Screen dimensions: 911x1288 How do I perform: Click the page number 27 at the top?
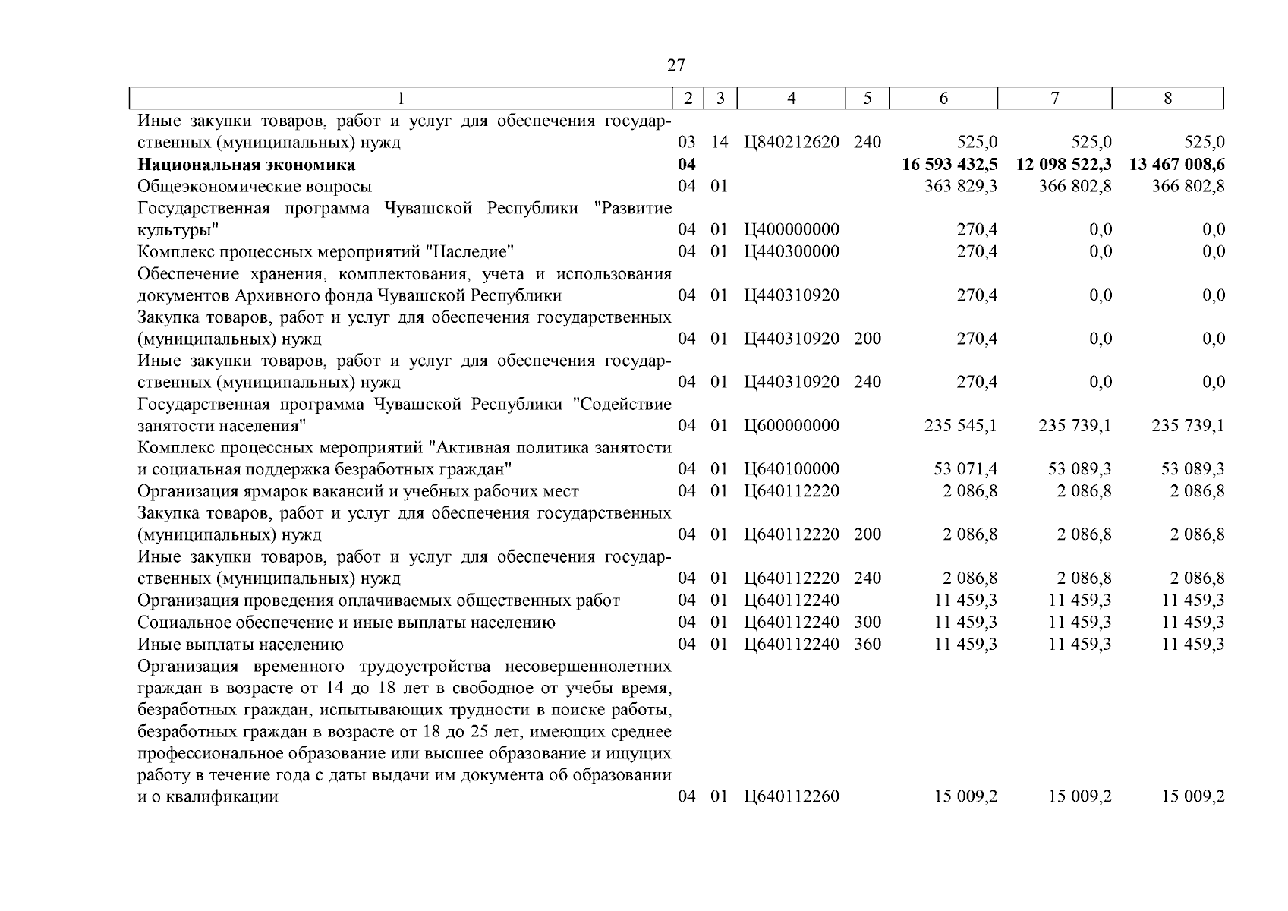[x=675, y=65]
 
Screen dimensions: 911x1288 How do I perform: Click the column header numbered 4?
[x=791, y=98]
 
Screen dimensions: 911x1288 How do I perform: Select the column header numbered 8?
[x=1167, y=98]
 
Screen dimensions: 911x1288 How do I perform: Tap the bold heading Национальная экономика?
[x=246, y=165]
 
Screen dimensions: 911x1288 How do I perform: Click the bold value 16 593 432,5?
[x=949, y=165]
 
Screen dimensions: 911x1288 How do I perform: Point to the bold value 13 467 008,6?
[x=1176, y=165]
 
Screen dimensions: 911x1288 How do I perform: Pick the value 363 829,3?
[x=961, y=186]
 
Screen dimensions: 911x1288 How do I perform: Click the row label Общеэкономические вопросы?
[x=255, y=186]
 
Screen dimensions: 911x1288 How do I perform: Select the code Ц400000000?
[x=792, y=230]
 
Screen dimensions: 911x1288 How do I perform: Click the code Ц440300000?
[x=792, y=251]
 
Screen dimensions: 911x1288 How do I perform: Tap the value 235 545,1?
[x=961, y=425]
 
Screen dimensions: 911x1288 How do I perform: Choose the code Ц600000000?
[x=792, y=425]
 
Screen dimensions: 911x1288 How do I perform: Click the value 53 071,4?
[x=965, y=469]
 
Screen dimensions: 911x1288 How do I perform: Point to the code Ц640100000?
[x=792, y=469]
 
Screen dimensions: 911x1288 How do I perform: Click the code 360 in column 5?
[x=868, y=645]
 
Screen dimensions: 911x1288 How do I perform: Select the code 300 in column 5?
[x=868, y=623]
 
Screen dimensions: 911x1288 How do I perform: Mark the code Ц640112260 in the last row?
[x=792, y=796]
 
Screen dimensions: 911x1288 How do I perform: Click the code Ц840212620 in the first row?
[x=792, y=142]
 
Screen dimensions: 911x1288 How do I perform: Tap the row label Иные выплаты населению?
[x=241, y=645]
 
